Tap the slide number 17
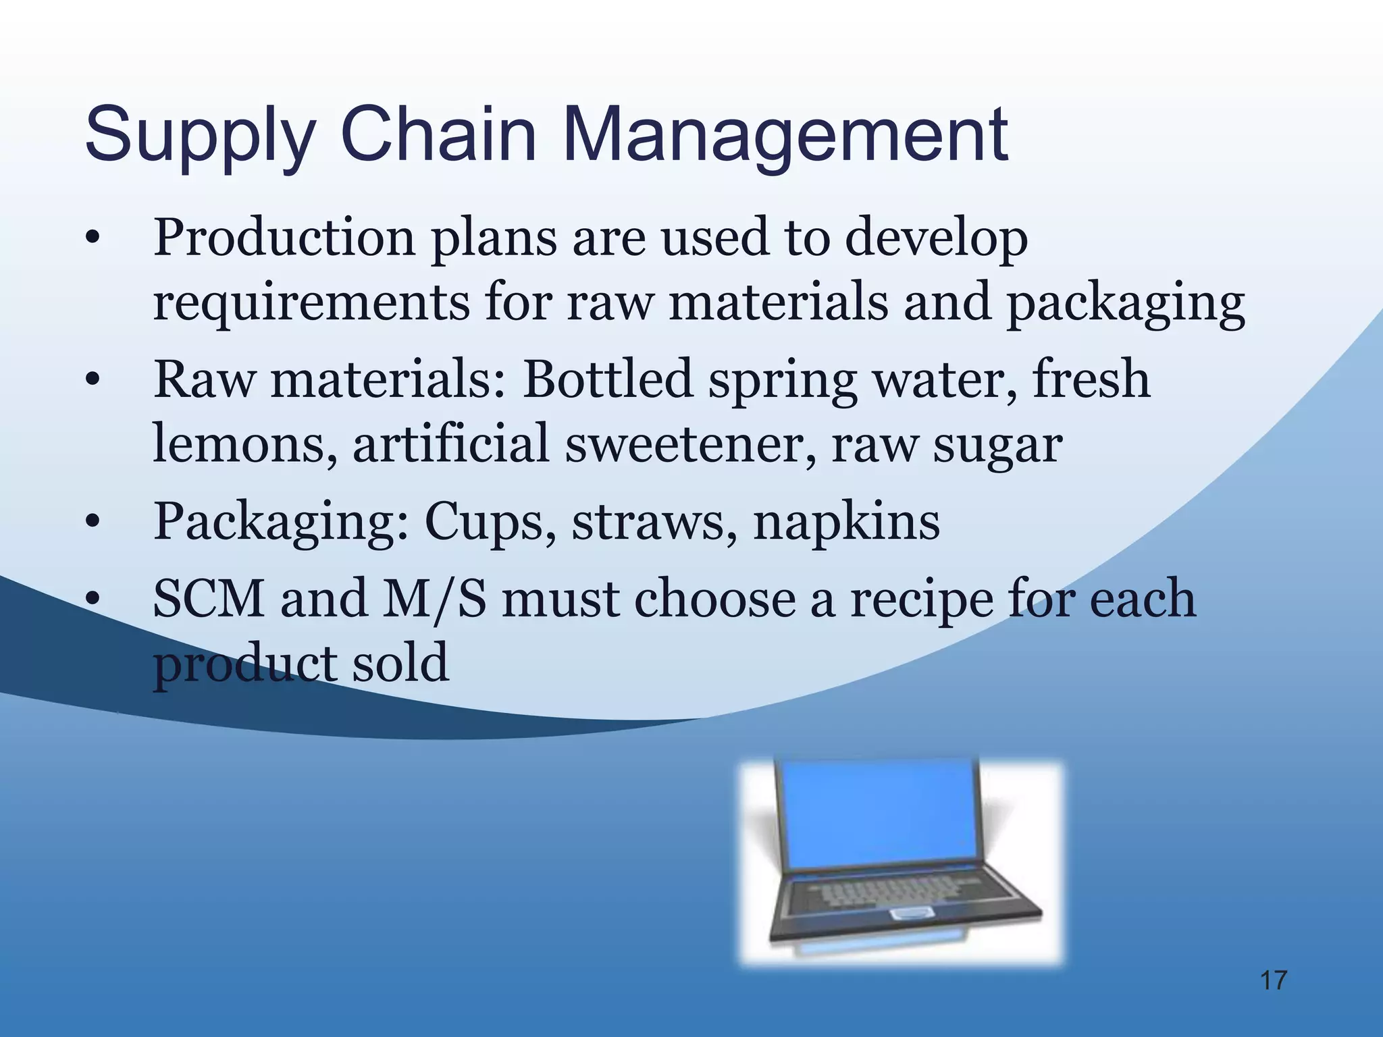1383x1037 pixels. [1274, 980]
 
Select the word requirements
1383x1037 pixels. [311, 304]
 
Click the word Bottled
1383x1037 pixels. [608, 379]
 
